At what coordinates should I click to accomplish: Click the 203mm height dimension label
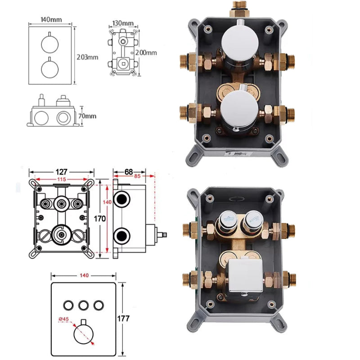[x=87, y=57]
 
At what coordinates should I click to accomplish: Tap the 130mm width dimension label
[x=123, y=23]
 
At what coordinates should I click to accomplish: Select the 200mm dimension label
[x=146, y=53]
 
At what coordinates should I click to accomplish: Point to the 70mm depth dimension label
[x=87, y=116]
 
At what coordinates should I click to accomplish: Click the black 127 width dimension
[x=62, y=172]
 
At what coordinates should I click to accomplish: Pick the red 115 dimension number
[x=62, y=179]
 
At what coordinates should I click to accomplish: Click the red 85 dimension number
[x=137, y=176]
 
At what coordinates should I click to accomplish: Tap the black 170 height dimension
[x=99, y=219]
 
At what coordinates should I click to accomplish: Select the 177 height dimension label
[x=123, y=319]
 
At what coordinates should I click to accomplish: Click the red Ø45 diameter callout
[x=63, y=319]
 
